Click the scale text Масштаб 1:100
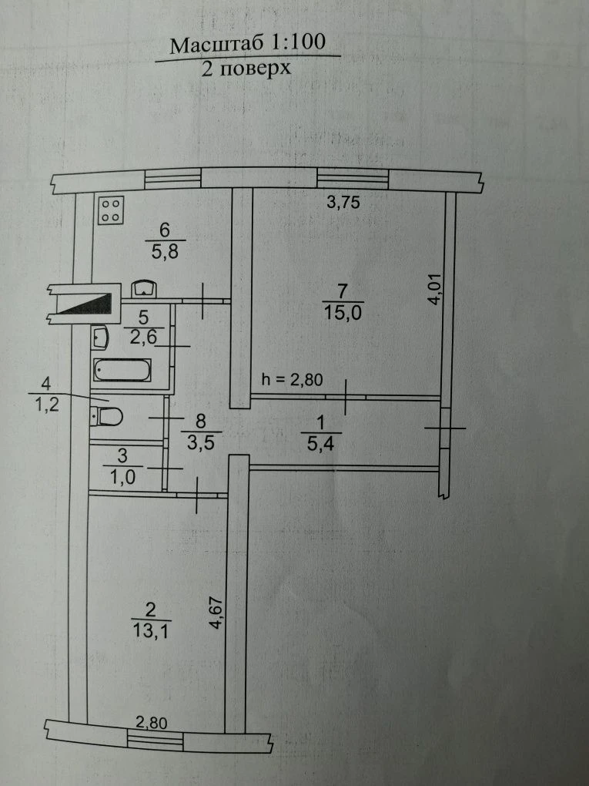pos(247,44)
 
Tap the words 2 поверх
pos(246,68)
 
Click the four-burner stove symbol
pos(111,210)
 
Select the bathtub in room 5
pos(122,370)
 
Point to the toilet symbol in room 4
pos(107,416)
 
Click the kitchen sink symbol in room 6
pos(144,289)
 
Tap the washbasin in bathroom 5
pos(99,338)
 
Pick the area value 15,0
pos(343,313)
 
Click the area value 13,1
pos(151,630)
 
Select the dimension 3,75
pos(343,202)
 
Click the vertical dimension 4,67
pos(216,612)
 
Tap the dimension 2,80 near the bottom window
pos(151,722)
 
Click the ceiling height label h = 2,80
pos(293,379)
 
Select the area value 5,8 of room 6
pos(165,251)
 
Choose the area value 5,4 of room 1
pos(320,444)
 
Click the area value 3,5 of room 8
pos(200,442)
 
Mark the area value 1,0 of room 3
pos(122,477)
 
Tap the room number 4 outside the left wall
pos(46,385)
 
